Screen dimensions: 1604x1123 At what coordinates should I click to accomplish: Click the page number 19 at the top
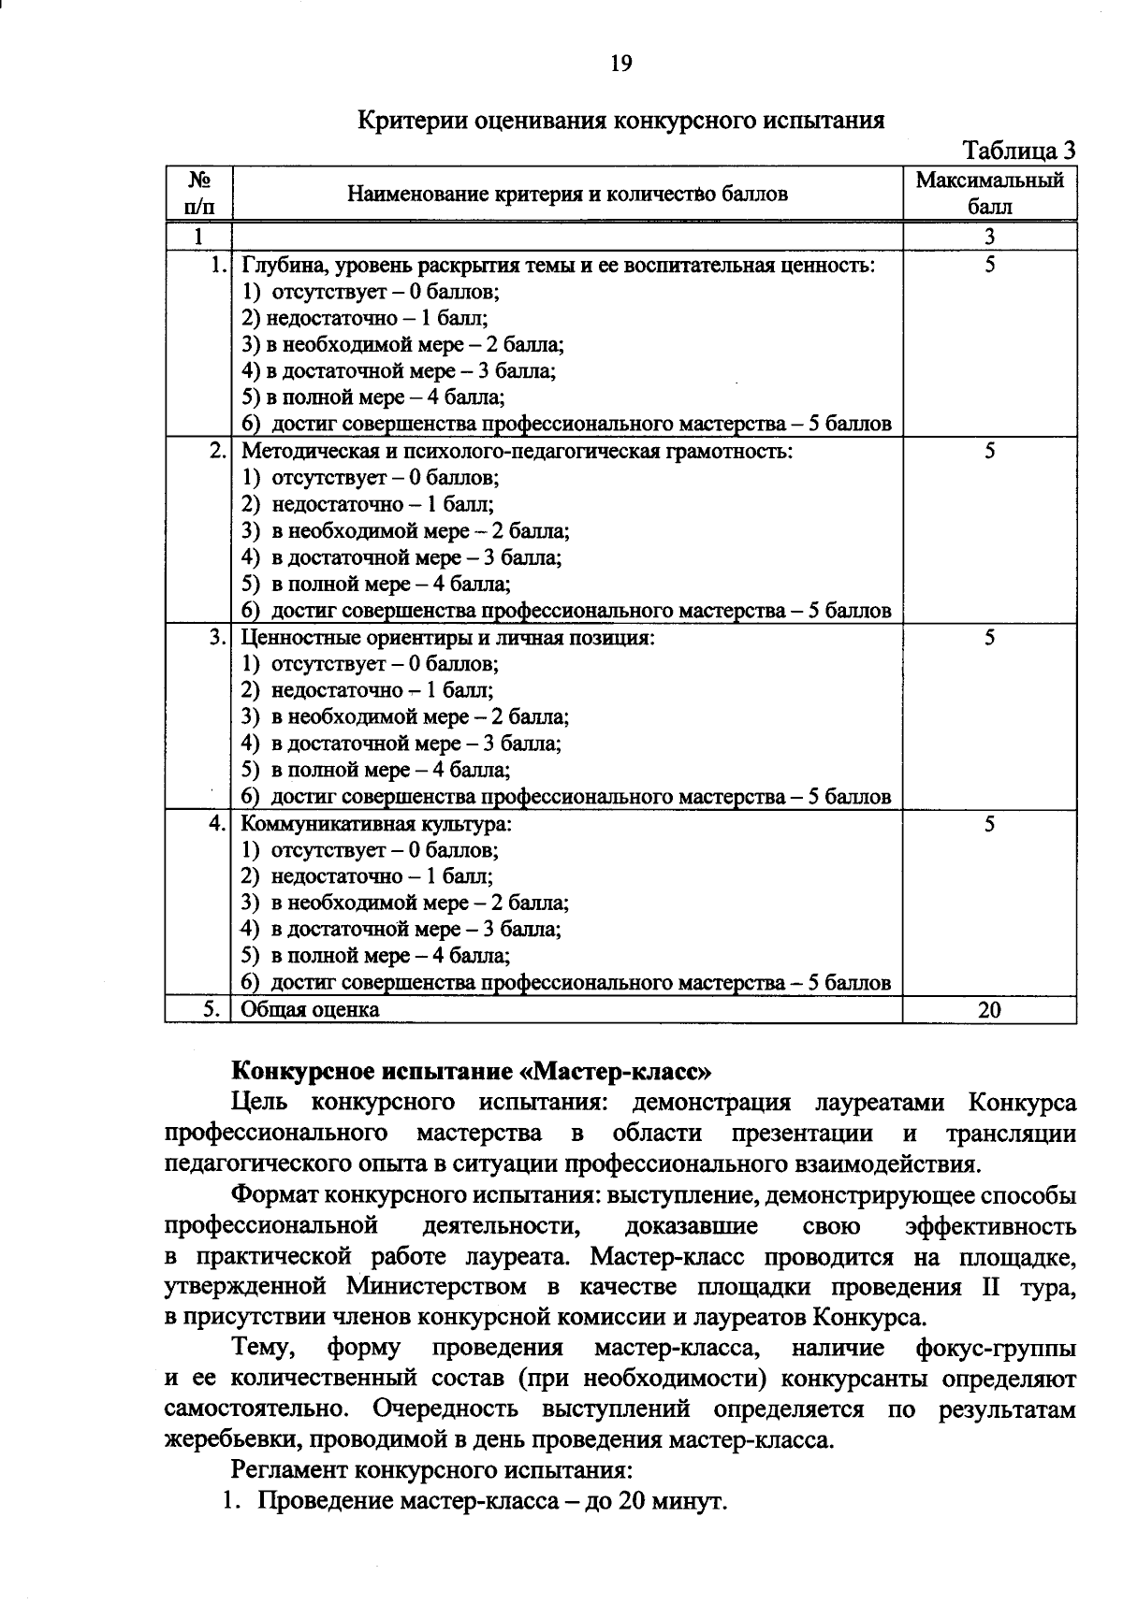tap(621, 63)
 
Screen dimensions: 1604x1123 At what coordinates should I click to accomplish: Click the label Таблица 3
tap(1019, 151)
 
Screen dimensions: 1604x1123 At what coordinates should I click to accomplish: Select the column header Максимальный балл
tap(989, 193)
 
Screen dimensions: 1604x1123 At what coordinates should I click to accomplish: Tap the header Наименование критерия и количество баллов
tap(567, 194)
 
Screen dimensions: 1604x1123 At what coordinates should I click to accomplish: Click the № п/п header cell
tap(197, 193)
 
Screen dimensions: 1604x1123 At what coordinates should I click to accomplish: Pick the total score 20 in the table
tap(989, 1009)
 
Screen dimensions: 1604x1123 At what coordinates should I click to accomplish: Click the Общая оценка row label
tap(311, 1009)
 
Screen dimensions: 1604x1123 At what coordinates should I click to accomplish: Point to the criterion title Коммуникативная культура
tap(376, 825)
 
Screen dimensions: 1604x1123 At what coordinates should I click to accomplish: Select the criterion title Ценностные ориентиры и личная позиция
tap(447, 638)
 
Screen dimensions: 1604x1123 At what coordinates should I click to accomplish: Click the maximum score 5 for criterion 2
tap(989, 452)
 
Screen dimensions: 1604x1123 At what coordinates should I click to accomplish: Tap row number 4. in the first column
tap(216, 825)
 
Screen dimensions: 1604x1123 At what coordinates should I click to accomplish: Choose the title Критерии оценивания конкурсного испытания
tap(621, 121)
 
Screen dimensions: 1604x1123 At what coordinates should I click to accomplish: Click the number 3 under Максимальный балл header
tap(989, 236)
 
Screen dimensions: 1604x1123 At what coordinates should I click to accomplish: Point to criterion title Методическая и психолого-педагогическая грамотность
tap(517, 452)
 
